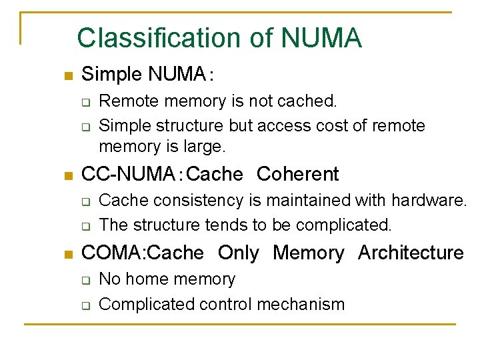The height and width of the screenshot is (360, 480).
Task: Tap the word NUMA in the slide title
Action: coord(321,38)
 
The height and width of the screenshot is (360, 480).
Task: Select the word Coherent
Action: coord(297,175)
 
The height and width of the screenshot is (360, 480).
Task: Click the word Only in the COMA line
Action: coord(238,253)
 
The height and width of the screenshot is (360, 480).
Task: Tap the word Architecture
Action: coord(411,253)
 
